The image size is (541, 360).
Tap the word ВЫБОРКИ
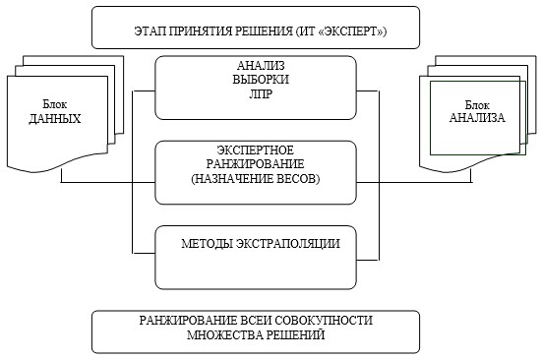[261, 80]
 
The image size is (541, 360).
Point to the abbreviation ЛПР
[261, 93]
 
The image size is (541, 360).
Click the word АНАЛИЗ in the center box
[261, 65]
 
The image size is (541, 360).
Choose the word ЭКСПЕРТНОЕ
[256, 150]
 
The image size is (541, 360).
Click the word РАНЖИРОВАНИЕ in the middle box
[255, 164]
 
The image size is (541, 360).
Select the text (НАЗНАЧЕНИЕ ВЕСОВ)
[256, 178]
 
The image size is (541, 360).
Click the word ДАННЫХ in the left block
[54, 119]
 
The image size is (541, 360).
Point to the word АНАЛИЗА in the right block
[477, 118]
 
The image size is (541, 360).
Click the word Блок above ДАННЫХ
[54, 104]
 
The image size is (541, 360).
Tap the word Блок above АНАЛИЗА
[477, 104]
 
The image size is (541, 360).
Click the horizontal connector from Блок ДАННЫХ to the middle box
[108, 182]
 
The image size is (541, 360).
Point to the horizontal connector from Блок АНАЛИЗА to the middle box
[414, 182]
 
